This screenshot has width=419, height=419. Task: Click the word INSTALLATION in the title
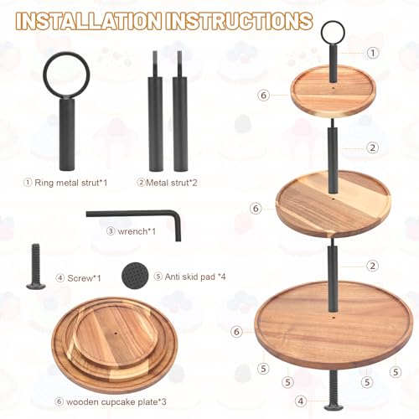pos(88,21)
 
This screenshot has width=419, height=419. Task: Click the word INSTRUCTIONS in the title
pos(239,21)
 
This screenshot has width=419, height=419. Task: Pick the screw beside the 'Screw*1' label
pos(36,266)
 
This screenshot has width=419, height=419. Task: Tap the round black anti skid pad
pos(135,276)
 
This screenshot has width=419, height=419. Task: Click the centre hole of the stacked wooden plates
pos(116,334)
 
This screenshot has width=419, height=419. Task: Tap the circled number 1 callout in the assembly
pos(373,53)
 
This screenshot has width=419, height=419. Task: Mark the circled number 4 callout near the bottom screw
pos(301,401)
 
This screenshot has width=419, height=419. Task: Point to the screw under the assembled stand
pos(334,390)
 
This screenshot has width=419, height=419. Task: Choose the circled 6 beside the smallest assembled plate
pos(264,96)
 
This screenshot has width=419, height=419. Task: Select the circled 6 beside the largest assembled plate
pos(237,332)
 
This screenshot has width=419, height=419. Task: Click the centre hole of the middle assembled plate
pos(333,199)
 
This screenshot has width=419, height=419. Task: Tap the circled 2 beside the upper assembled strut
pos(373,147)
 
